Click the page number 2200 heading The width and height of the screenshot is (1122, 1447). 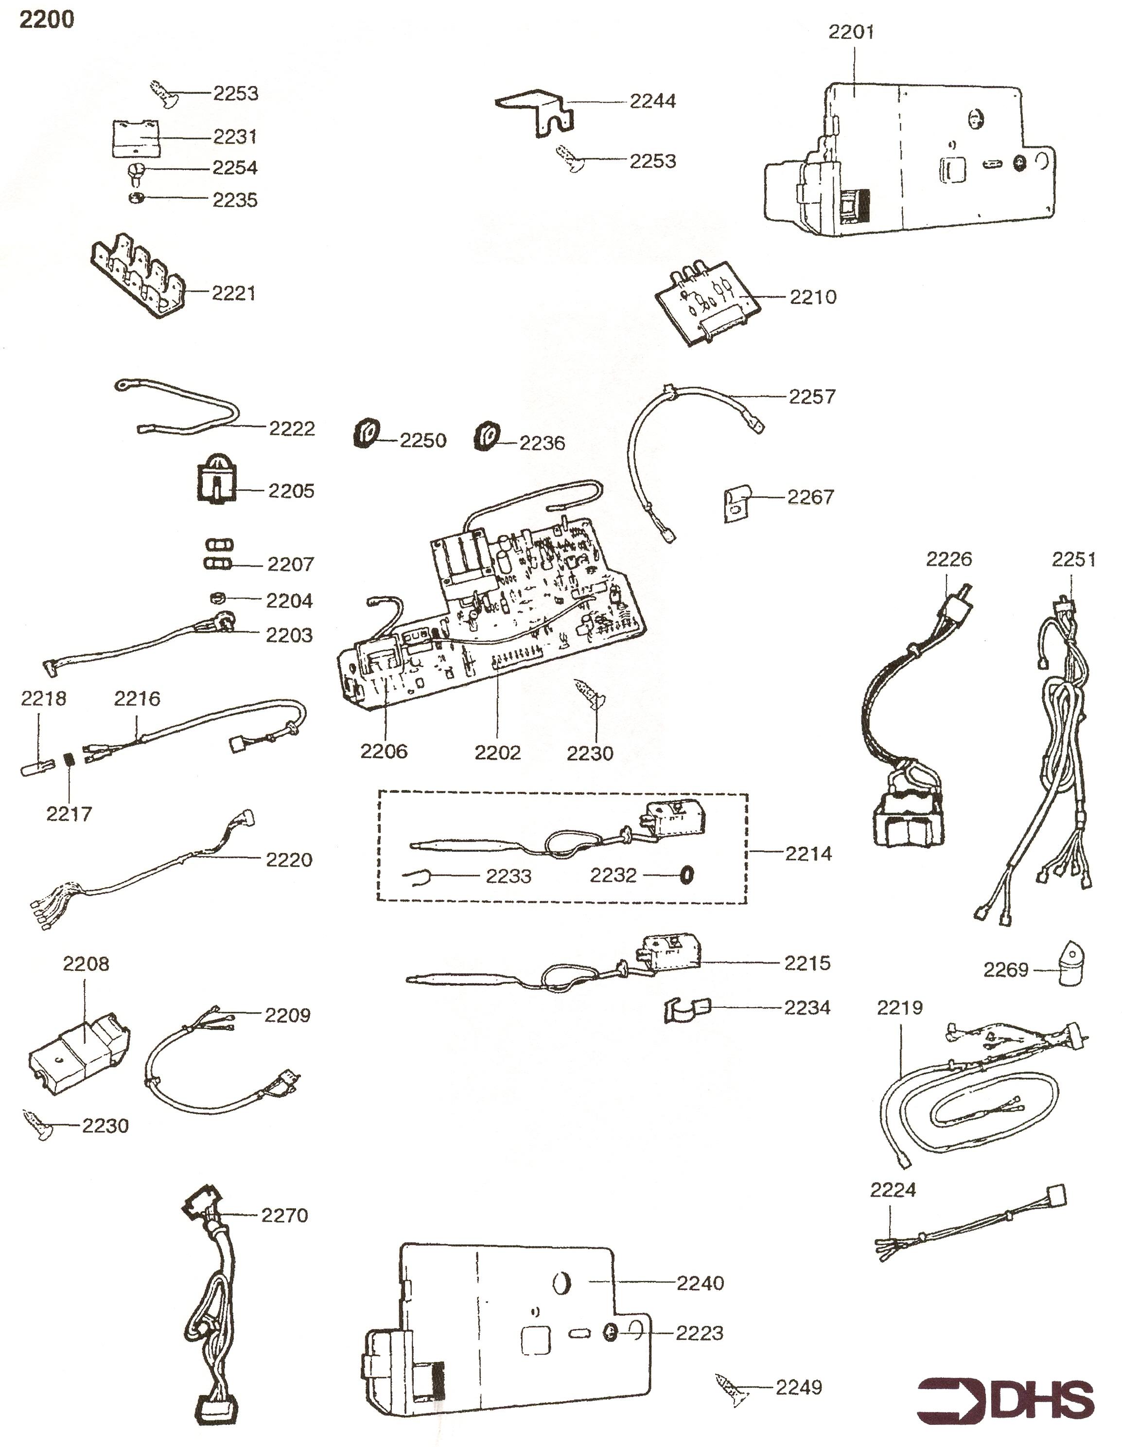coord(46,20)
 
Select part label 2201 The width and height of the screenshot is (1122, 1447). coord(852,32)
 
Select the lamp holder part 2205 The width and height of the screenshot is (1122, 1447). coord(216,479)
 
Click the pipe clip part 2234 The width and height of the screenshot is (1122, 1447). coord(685,1010)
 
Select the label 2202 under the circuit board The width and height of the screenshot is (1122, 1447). coord(497,752)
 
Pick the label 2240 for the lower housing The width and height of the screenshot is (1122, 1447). coord(700,1284)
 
